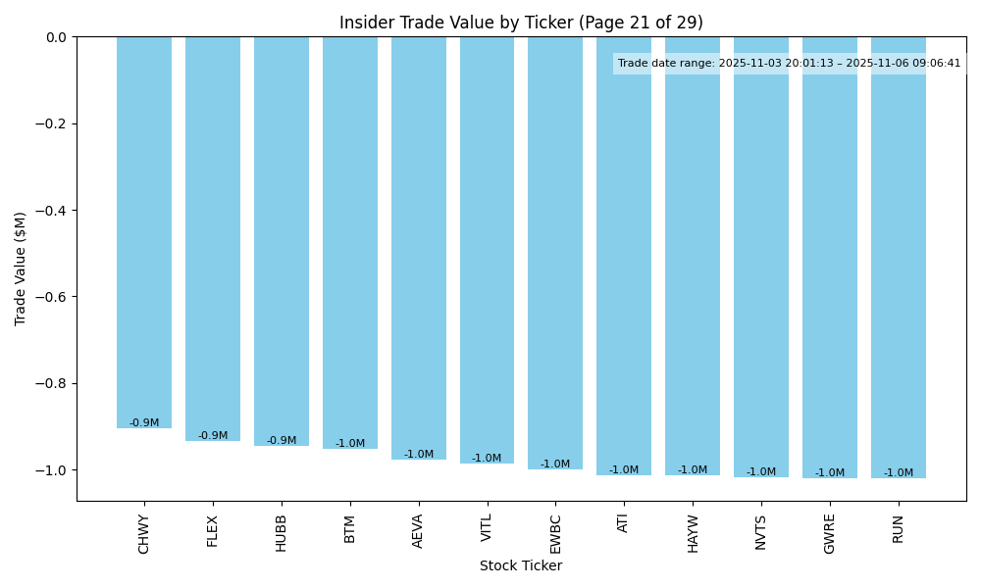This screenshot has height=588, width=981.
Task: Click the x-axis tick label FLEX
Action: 213,530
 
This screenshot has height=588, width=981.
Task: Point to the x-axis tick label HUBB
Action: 282,533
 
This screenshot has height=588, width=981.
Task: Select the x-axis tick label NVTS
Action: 761,532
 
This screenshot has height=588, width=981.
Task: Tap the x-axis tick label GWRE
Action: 830,534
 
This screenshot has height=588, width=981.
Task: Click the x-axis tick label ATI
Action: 624,523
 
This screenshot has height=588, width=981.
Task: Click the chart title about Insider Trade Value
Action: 521,23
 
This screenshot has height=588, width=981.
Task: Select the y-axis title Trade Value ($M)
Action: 21,269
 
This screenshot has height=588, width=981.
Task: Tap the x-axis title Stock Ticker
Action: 521,565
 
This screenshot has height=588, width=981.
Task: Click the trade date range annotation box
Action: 789,64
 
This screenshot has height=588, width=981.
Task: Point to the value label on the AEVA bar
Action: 419,455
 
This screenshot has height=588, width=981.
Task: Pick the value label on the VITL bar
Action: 487,459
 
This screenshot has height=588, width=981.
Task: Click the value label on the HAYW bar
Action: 693,470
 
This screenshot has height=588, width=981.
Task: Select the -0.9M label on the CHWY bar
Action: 144,423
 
